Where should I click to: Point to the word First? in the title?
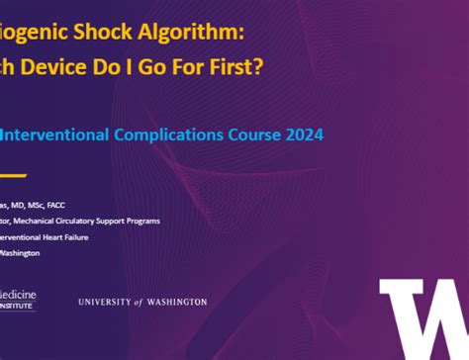(223, 67)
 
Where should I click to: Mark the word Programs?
(141, 221)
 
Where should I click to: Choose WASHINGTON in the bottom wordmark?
(178, 301)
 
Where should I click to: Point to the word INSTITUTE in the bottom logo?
(18, 308)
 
